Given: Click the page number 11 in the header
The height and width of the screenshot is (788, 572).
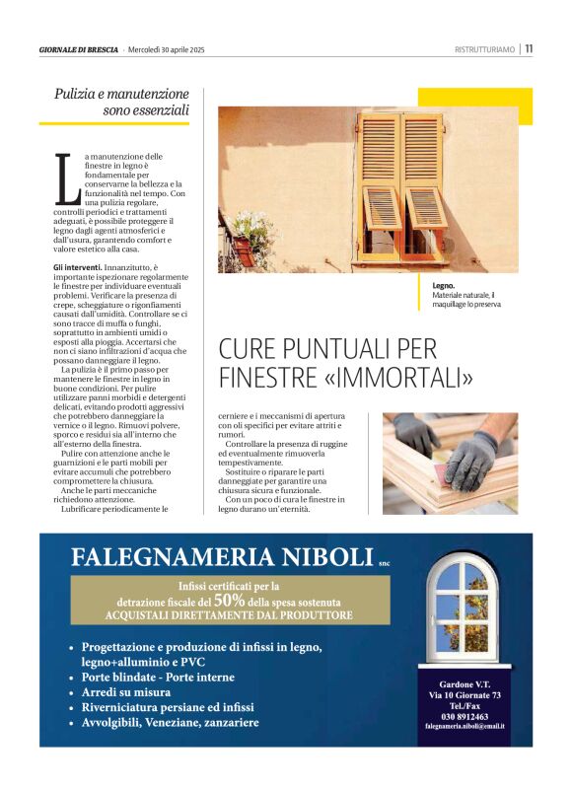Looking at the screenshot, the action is click(x=530, y=48).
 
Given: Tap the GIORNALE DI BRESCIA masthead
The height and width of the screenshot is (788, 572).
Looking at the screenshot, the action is click(x=79, y=49).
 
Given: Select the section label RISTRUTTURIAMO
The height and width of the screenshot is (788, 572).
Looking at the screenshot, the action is click(x=485, y=49).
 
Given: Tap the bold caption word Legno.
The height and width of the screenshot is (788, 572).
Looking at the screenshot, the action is click(x=444, y=285).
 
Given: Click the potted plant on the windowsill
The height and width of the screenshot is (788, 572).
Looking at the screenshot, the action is click(x=250, y=237).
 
